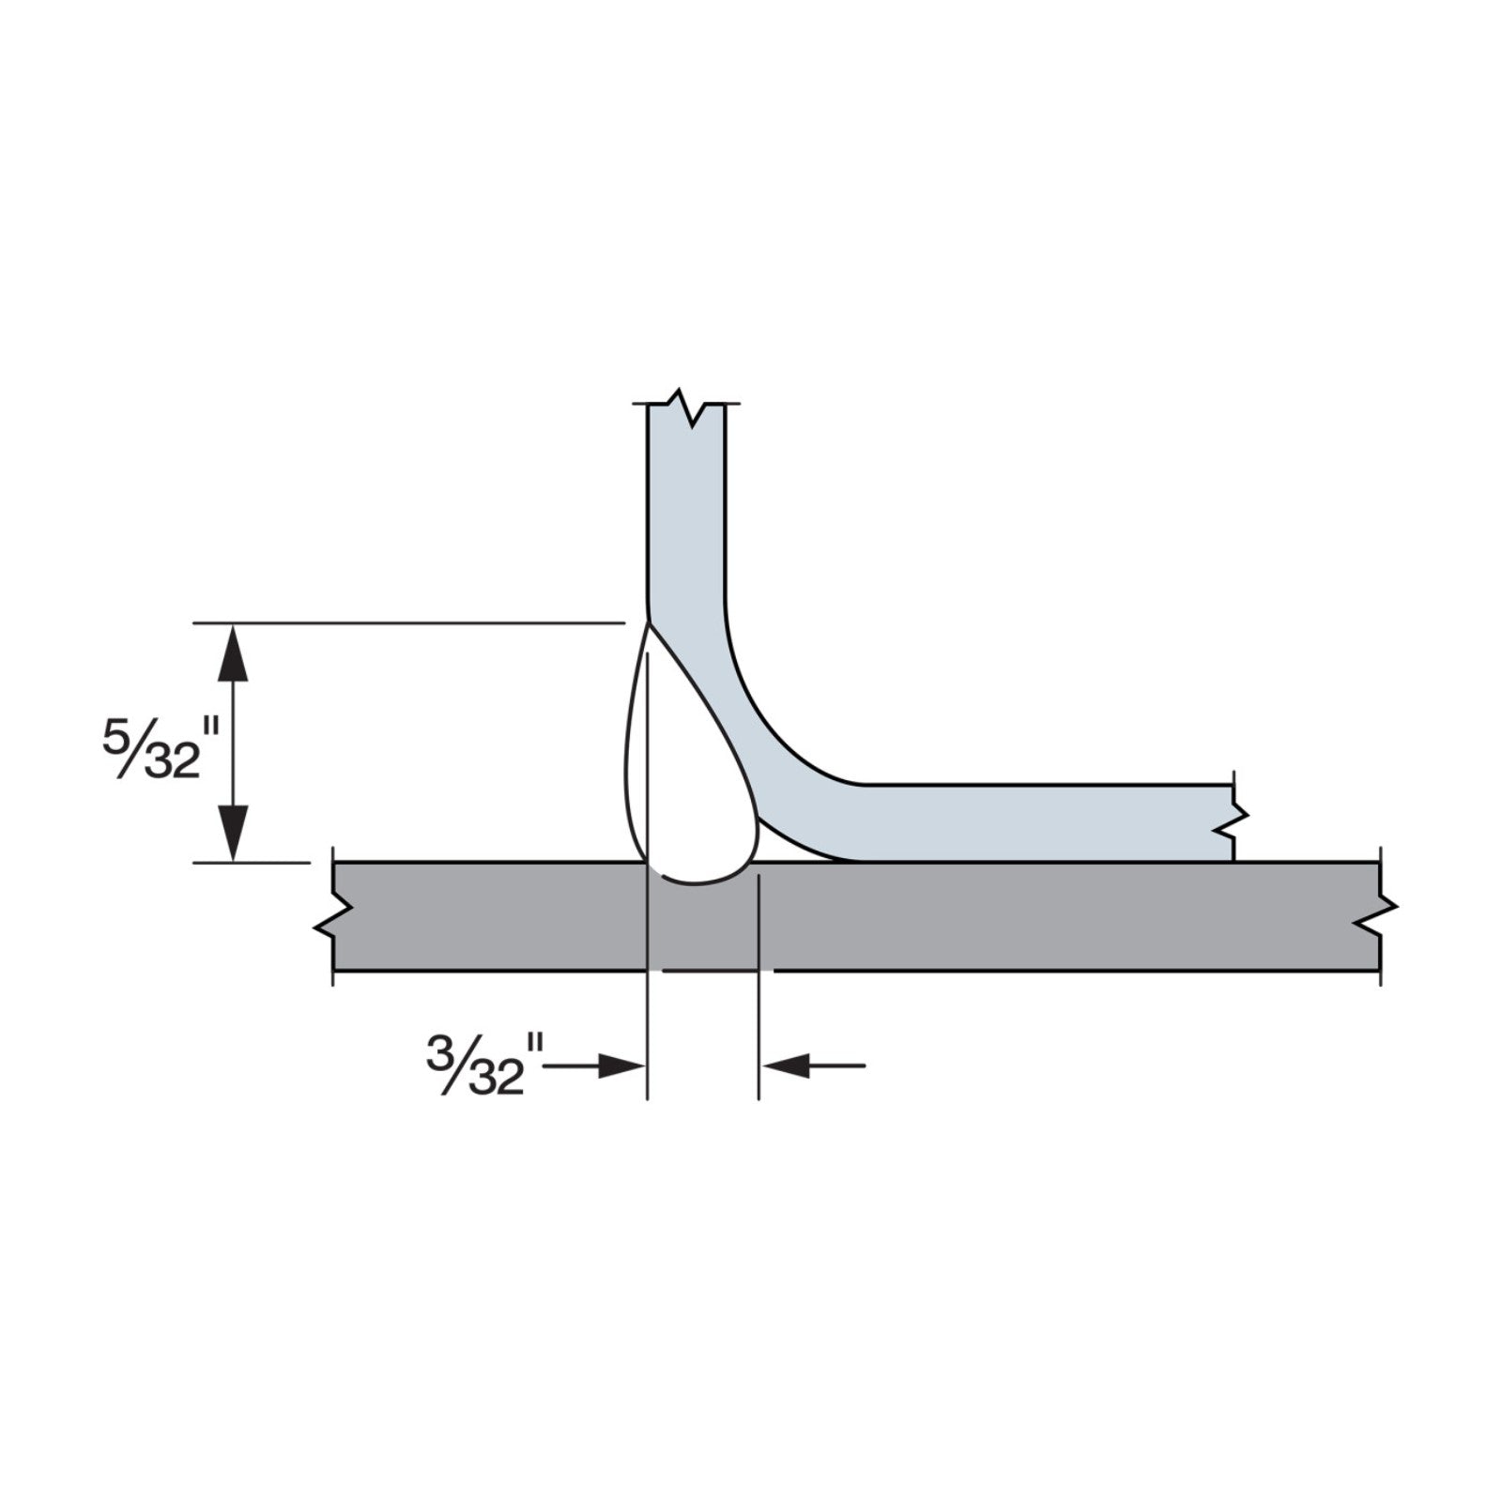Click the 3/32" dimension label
(x=485, y=1064)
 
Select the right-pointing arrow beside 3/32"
(x=594, y=1065)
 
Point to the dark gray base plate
(x=856, y=915)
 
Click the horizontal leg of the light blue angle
(x=1042, y=822)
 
